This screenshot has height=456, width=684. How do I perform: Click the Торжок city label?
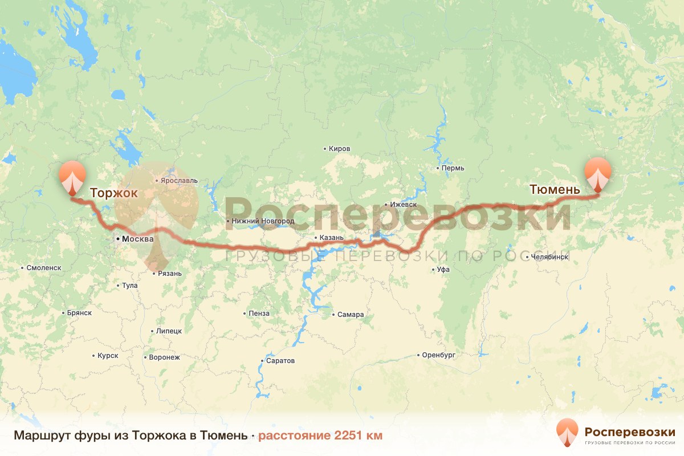(x=113, y=193)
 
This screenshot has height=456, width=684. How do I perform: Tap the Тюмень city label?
(x=555, y=189)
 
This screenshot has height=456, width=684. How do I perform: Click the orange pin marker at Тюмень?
(x=597, y=173)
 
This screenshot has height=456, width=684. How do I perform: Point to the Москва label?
(x=137, y=239)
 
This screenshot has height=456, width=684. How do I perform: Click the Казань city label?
(x=332, y=238)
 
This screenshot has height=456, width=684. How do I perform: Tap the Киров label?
(x=339, y=149)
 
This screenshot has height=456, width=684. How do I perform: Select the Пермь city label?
(x=453, y=168)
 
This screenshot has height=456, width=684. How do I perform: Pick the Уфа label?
(x=443, y=270)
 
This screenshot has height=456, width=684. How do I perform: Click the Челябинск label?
(x=549, y=256)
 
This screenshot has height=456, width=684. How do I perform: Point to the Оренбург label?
(x=439, y=355)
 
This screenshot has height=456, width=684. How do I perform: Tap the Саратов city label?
(x=280, y=361)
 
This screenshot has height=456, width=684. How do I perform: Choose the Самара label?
(x=350, y=315)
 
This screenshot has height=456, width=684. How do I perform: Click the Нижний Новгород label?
(x=262, y=221)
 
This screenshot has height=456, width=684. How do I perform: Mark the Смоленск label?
(x=44, y=267)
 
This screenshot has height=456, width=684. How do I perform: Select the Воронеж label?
(x=164, y=357)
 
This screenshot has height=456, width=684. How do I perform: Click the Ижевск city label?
(x=404, y=204)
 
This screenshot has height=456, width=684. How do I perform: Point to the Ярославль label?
(x=180, y=181)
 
